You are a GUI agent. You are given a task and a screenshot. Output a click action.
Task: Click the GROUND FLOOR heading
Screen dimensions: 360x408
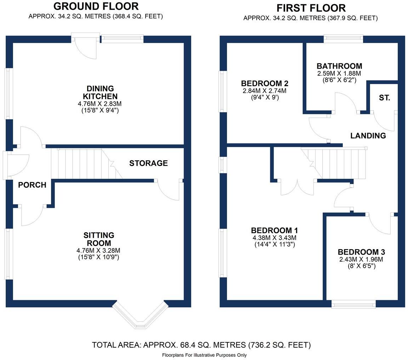tap(96, 6)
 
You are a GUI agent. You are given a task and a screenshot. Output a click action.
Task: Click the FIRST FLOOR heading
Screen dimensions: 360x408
tap(311, 8)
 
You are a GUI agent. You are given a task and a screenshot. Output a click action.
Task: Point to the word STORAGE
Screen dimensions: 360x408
tap(148, 163)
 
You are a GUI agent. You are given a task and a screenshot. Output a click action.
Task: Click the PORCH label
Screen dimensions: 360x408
tap(32, 185)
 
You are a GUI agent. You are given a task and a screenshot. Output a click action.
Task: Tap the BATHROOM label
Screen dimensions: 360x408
tap(339, 66)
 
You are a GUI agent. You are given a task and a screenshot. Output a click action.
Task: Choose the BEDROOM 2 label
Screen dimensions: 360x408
tap(265, 84)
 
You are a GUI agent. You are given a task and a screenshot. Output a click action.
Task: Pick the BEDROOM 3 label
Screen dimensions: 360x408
tap(361, 252)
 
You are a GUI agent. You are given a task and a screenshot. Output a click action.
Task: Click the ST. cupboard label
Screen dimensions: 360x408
tap(384, 98)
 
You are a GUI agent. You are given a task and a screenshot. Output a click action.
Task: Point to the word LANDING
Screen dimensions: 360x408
tap(368, 136)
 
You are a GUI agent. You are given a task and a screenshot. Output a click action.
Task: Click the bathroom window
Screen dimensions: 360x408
tap(343, 39)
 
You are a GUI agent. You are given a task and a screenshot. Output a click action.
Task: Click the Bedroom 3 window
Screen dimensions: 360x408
tap(353, 304)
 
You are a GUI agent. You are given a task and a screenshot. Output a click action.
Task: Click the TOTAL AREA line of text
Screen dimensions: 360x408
tap(201, 345)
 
